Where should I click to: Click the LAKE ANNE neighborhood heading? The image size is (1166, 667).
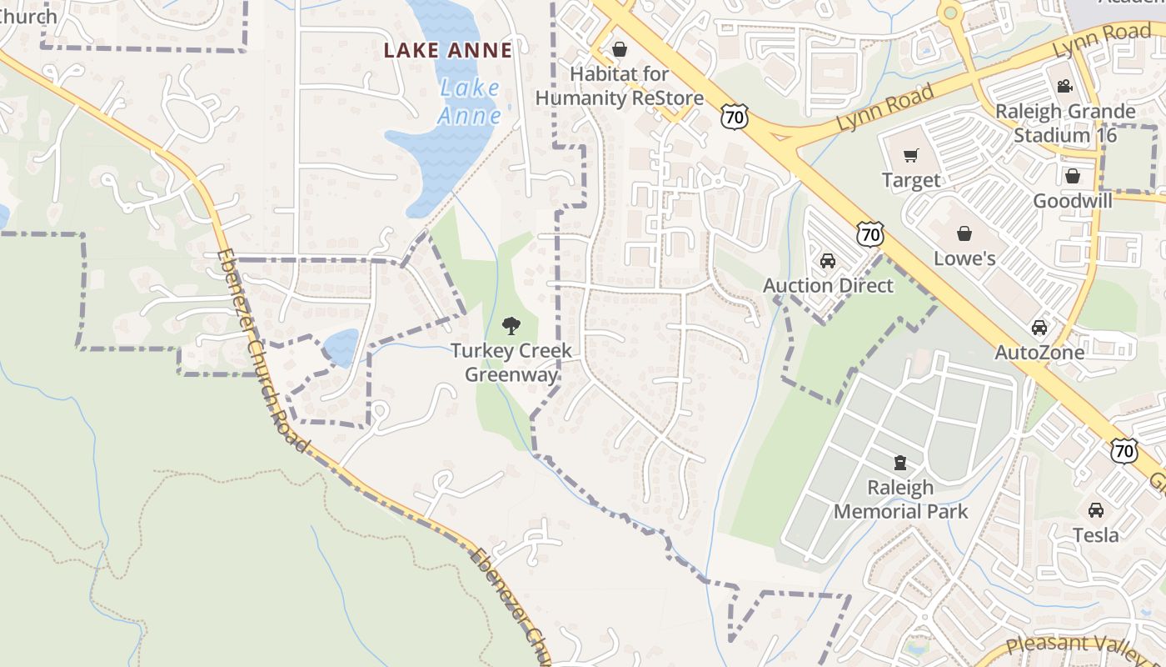pyautogui.click(x=448, y=50)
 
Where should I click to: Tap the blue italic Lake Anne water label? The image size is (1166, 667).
pyautogui.click(x=470, y=101)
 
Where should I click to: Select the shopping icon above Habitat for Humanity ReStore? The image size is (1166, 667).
pyautogui.click(x=619, y=49)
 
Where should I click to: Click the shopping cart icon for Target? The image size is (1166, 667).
pyautogui.click(x=911, y=156)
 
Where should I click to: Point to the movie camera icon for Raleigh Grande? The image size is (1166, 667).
pyautogui.click(x=1064, y=87)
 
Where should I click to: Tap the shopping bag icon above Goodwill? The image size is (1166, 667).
pyautogui.click(x=1073, y=176)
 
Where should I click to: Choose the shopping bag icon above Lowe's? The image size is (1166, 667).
pyautogui.click(x=964, y=233)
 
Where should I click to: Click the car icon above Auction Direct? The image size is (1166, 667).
pyautogui.click(x=828, y=261)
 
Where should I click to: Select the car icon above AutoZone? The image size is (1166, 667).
pyautogui.click(x=1039, y=328)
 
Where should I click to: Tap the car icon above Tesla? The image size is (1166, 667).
pyautogui.click(x=1096, y=509)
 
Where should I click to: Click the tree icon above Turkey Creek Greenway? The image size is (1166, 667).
pyautogui.click(x=511, y=326)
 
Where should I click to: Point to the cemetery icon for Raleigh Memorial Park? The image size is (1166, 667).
pyautogui.click(x=900, y=462)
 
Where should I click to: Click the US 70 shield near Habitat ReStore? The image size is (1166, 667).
pyautogui.click(x=735, y=117)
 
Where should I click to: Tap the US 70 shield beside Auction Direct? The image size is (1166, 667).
pyautogui.click(x=870, y=234)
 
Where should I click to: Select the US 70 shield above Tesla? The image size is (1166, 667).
pyautogui.click(x=1124, y=451)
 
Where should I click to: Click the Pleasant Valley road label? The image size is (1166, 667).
pyautogui.click(x=1083, y=644)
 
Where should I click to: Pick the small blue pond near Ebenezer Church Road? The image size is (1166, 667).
pyautogui.click(x=341, y=347)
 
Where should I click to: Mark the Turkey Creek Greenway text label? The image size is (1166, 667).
pyautogui.click(x=511, y=363)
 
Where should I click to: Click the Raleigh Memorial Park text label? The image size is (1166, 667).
pyautogui.click(x=901, y=499)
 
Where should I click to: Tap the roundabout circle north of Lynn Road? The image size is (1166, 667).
pyautogui.click(x=949, y=13)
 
